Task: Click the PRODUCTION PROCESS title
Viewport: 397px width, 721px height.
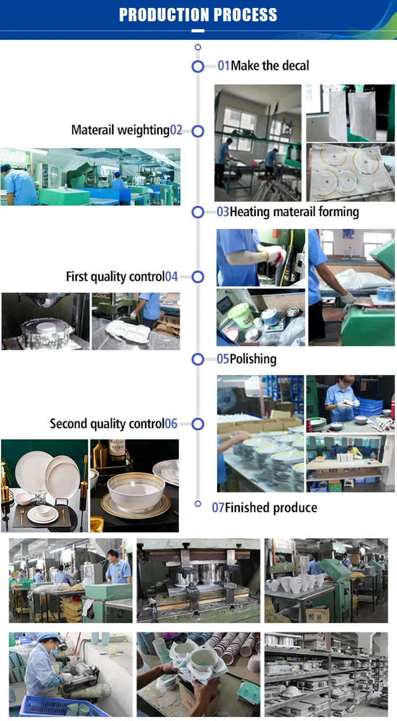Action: point(198,15)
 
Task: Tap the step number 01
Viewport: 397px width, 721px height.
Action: point(223,66)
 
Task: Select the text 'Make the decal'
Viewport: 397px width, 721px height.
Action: point(270,66)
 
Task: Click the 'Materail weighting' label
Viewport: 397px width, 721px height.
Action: point(120,130)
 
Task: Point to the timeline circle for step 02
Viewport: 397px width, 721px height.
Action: point(197,131)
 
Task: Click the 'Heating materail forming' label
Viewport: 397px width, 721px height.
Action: point(294,212)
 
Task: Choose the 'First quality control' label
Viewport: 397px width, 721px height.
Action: point(115,277)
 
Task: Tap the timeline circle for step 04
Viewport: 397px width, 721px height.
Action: point(197,277)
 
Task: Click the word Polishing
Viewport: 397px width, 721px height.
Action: point(253,359)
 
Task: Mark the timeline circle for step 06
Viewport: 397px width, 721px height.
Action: point(197,424)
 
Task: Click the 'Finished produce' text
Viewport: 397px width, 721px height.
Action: point(271,508)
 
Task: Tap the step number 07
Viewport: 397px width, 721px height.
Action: point(218,508)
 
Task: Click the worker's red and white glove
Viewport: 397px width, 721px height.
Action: point(275,256)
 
